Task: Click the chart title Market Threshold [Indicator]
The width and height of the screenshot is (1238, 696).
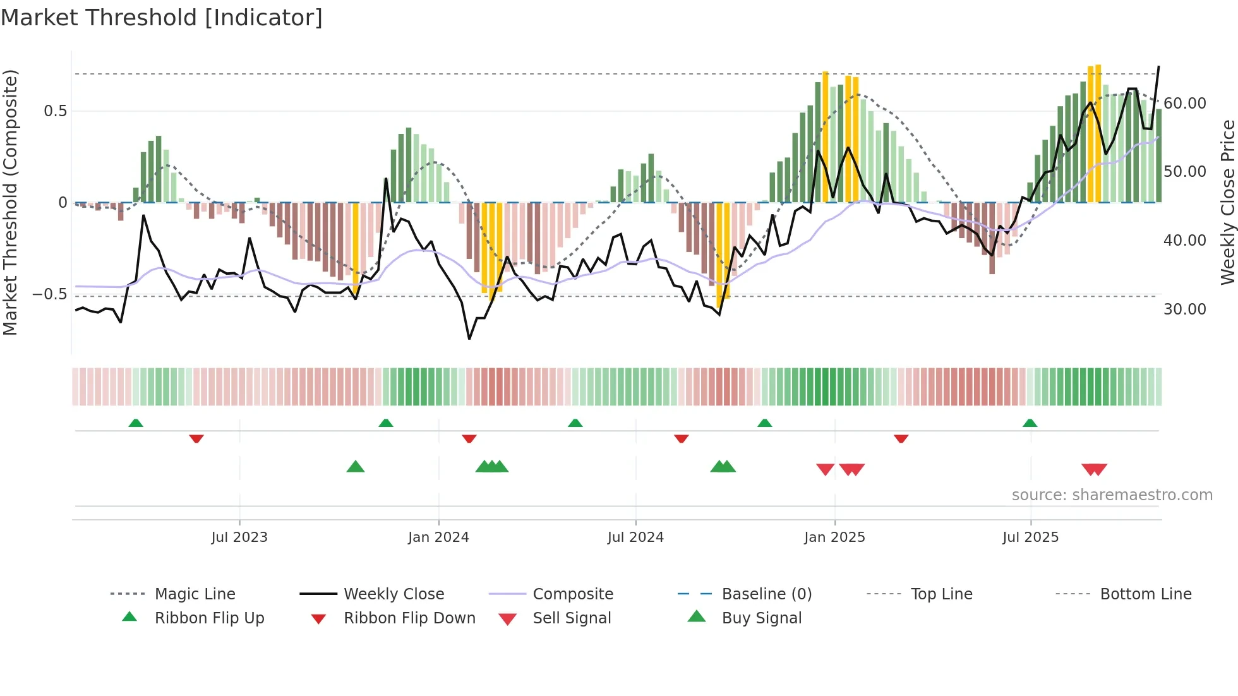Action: (x=162, y=18)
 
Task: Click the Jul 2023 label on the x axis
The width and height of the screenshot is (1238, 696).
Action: (x=239, y=537)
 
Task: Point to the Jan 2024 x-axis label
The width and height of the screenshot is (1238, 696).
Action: (x=438, y=537)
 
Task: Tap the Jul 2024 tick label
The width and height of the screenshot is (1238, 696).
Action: (x=635, y=537)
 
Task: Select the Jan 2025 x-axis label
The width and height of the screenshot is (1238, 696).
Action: (x=834, y=537)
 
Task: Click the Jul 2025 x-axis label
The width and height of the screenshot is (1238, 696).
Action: (x=1030, y=537)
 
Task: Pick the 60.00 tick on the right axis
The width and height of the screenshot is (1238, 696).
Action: (x=1184, y=103)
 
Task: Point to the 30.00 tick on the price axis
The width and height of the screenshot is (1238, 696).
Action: (x=1184, y=309)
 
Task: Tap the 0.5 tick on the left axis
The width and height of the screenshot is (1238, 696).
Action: (x=56, y=111)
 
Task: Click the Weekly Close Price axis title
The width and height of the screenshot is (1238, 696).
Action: (x=1227, y=202)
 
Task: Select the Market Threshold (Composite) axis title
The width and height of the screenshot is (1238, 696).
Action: (x=10, y=202)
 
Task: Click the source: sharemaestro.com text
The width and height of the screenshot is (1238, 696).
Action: (x=1112, y=495)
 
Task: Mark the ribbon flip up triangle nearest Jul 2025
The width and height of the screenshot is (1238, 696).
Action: (x=1030, y=423)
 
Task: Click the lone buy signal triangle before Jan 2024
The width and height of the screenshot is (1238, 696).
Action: (x=356, y=467)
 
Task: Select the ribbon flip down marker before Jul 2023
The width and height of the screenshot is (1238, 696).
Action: (x=196, y=438)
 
